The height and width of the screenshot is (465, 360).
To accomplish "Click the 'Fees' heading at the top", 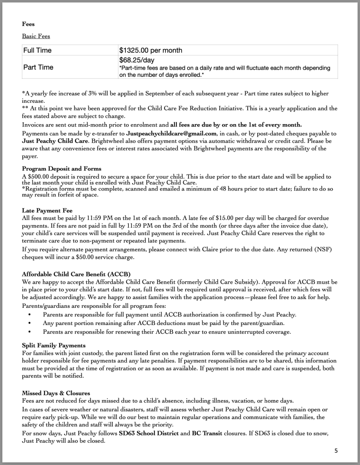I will click(x=28, y=24).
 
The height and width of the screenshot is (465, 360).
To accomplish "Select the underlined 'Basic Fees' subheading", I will click(x=36, y=36).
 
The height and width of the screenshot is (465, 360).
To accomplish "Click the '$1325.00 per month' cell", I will click(x=150, y=50).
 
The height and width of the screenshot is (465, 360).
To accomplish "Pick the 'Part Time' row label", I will click(x=38, y=67).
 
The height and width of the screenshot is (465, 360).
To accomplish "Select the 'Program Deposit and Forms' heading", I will click(x=61, y=169).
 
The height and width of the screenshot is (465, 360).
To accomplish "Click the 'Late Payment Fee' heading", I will click(x=47, y=210).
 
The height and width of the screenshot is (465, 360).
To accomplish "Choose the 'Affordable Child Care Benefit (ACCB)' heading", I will click(x=76, y=274).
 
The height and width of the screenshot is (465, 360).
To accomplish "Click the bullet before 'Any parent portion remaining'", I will click(x=30, y=323).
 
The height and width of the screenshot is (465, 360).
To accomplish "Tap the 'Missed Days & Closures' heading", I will click(x=56, y=392).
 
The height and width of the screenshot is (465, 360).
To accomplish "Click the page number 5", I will click(x=336, y=451).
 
